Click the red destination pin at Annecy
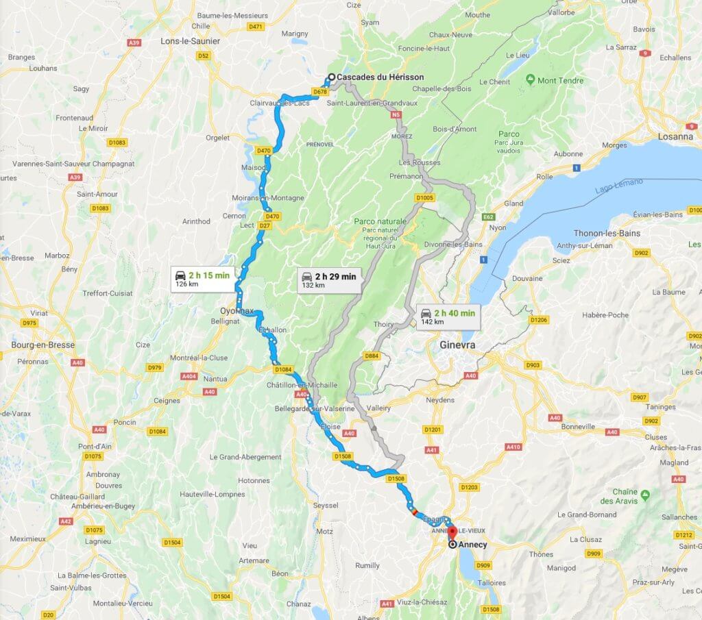pos(452,532)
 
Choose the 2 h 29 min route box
pos(329,280)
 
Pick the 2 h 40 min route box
pos(448,317)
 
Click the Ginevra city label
pos(457,345)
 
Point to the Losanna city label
pos(675,136)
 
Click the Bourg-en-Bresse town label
pos(43,345)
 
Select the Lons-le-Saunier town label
pos(190,41)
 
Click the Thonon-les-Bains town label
pos(606,233)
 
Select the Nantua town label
pos(215,379)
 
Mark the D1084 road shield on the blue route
pos(283,369)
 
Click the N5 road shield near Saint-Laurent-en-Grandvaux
pos(396,116)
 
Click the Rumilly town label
pos(367,565)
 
